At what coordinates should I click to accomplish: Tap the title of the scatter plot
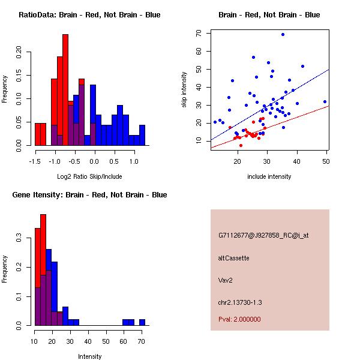pos(269,14)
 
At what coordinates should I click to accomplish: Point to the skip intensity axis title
pos(185,90)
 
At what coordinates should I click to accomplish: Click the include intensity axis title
pos(269,177)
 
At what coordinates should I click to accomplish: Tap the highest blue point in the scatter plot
pos(283,35)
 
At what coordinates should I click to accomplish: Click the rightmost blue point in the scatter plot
pos(325,102)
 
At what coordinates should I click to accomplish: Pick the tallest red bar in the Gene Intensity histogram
pos(43,269)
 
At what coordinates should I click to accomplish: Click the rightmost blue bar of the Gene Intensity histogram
pos(142,322)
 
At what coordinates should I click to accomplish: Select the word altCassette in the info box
pos(233,258)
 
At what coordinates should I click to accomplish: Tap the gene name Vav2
pos(225,280)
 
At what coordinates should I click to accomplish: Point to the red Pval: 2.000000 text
pos(239,320)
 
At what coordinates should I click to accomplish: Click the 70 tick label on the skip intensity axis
pos(197,33)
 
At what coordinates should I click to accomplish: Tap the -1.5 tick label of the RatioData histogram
pos(35,161)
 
